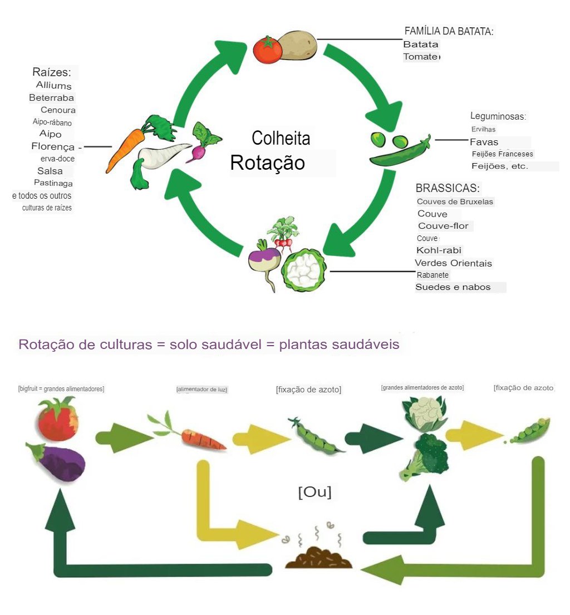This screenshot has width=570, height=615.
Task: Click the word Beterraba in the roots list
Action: coord(52,98)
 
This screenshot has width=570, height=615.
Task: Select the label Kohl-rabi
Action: coord(439,250)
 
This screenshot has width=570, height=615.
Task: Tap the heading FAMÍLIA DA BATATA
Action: coord(449,32)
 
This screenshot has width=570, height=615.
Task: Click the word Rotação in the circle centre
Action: coord(268,163)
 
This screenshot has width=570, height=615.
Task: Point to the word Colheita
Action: coord(281,138)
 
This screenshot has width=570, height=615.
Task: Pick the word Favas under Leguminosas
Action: coord(484,142)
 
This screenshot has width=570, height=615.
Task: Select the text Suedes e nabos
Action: coord(453,287)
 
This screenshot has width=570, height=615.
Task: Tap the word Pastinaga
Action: coord(53,183)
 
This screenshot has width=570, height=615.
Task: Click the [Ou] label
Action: coord(315,493)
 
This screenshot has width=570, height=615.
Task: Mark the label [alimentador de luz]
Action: coord(202,390)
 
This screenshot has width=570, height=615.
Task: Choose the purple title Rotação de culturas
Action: coord(208,345)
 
